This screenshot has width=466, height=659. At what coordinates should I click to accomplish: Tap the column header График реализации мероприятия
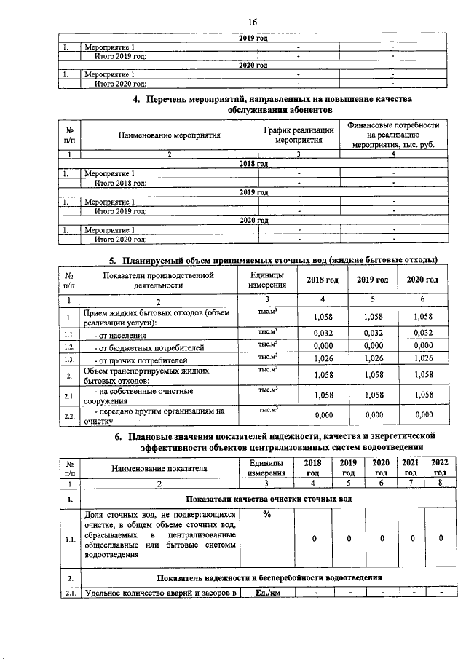(299, 135)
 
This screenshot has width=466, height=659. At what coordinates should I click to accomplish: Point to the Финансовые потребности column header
(393, 135)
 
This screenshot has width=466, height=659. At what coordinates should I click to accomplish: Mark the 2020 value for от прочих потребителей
(423, 359)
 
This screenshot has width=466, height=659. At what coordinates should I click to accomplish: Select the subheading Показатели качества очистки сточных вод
(269, 500)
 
